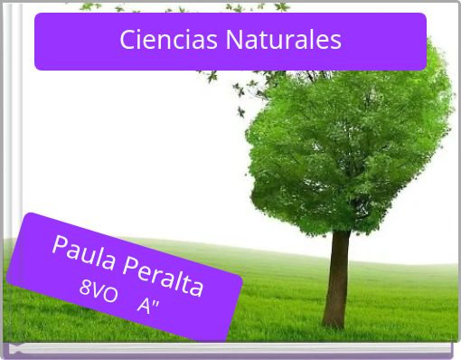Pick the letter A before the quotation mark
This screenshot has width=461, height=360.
[144, 304]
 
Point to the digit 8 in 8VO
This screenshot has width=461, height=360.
[86, 288]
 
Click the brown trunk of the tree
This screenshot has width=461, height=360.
[340, 271]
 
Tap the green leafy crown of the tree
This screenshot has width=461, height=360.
[348, 136]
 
